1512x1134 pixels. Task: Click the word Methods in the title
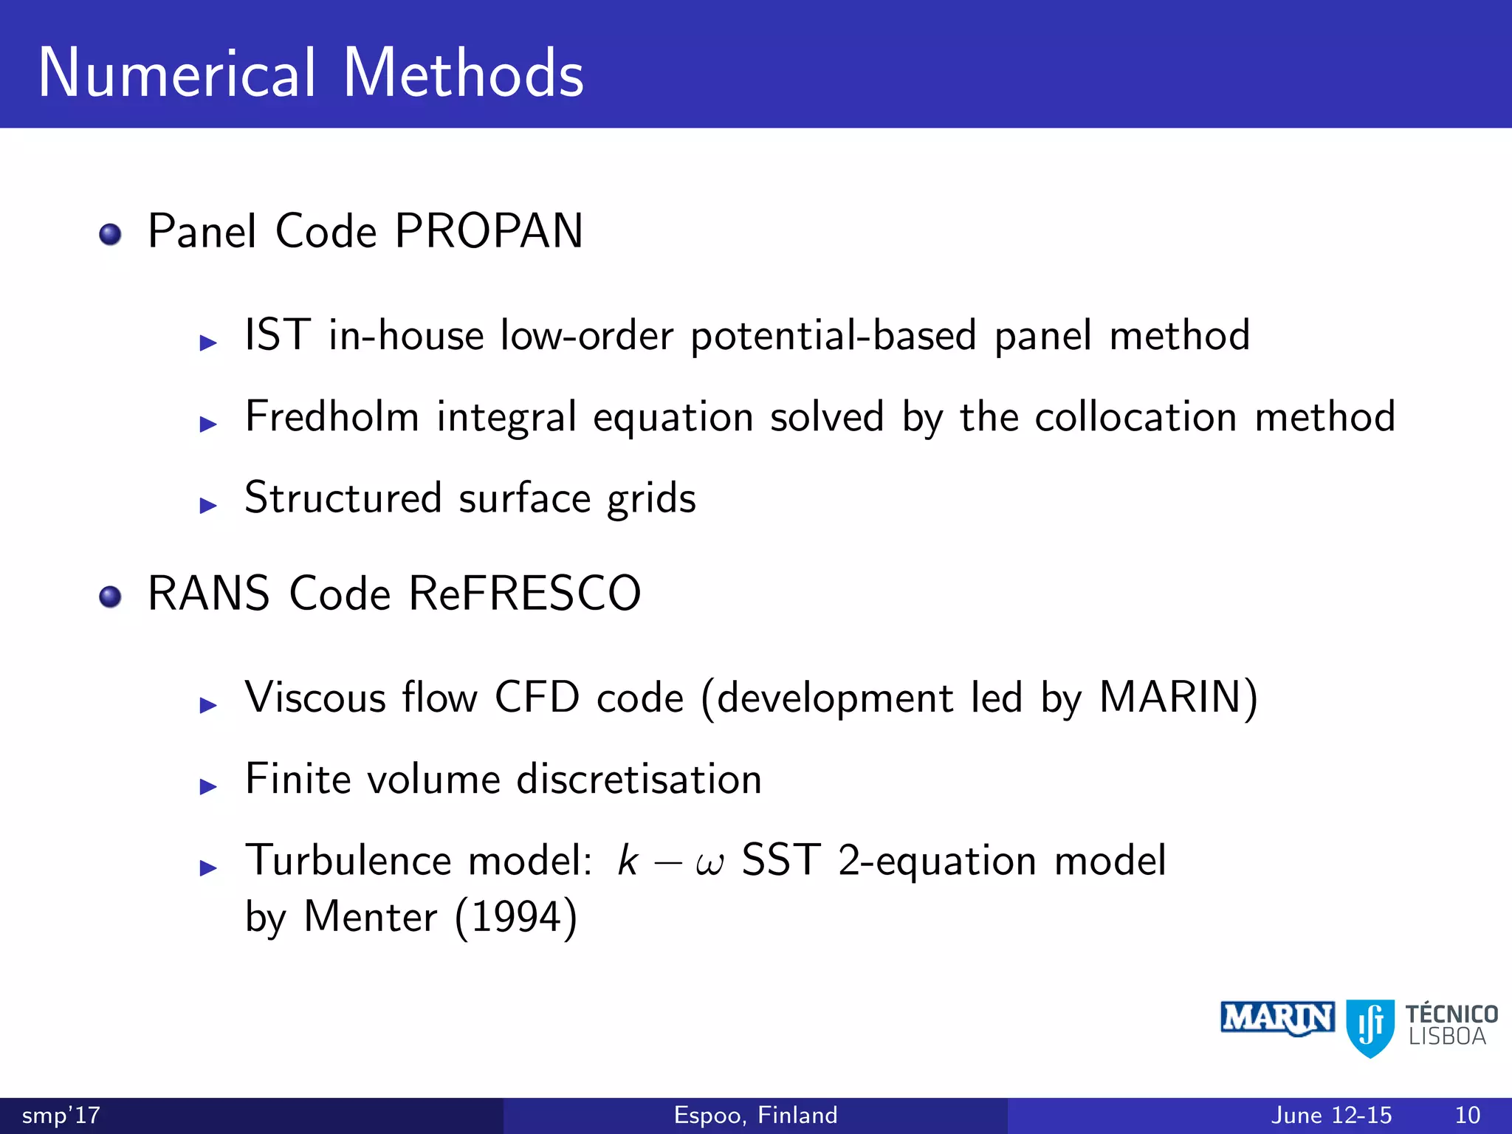tap(463, 73)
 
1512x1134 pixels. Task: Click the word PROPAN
tap(489, 231)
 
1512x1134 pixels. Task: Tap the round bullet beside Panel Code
tap(110, 235)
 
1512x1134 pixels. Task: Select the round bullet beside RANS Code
tap(110, 597)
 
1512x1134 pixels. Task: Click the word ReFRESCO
tap(524, 594)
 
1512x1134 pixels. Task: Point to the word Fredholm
tap(331, 416)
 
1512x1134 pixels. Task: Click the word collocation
tap(1135, 416)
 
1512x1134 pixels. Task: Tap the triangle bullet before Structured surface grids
tap(208, 506)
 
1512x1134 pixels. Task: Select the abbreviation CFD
tap(537, 697)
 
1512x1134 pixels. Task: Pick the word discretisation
tap(639, 779)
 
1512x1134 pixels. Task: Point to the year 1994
tap(516, 918)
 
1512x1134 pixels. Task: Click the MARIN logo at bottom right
tap(1276, 1019)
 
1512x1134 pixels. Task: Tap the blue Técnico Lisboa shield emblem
tap(1370, 1027)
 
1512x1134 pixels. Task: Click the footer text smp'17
tap(61, 1115)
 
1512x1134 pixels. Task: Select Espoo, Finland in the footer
tap(755, 1115)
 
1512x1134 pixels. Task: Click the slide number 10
tap(1467, 1115)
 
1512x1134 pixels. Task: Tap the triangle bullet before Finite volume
tap(208, 786)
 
